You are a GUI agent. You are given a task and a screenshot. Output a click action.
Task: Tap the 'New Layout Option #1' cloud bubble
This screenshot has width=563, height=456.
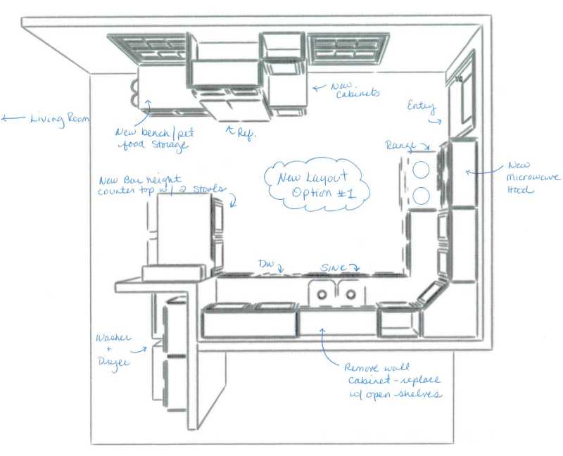coord(316,184)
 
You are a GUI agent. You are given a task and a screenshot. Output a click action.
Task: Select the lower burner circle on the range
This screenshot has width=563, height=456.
coord(422,195)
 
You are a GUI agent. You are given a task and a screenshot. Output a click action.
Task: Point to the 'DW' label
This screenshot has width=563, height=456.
coord(266,265)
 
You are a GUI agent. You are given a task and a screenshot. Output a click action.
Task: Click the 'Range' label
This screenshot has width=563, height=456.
coord(401,145)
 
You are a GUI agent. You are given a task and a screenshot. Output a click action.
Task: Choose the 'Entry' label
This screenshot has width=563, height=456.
coord(422,108)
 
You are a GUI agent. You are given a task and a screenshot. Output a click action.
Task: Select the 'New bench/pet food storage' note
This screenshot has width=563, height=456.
coord(152,139)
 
